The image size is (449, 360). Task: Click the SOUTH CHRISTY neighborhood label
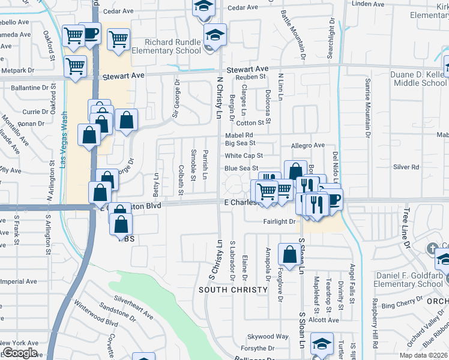[x=234, y=290]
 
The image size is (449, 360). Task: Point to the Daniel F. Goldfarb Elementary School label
[x=408, y=280]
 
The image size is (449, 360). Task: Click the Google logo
[x=20, y=353]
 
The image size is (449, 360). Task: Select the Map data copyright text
[x=424, y=355]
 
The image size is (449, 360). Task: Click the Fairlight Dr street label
[x=280, y=221]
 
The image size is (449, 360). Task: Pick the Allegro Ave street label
[x=307, y=145]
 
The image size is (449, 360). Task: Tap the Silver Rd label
[x=406, y=166]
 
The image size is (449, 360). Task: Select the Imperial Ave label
[x=18, y=281]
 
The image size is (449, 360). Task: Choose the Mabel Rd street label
[x=239, y=135]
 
